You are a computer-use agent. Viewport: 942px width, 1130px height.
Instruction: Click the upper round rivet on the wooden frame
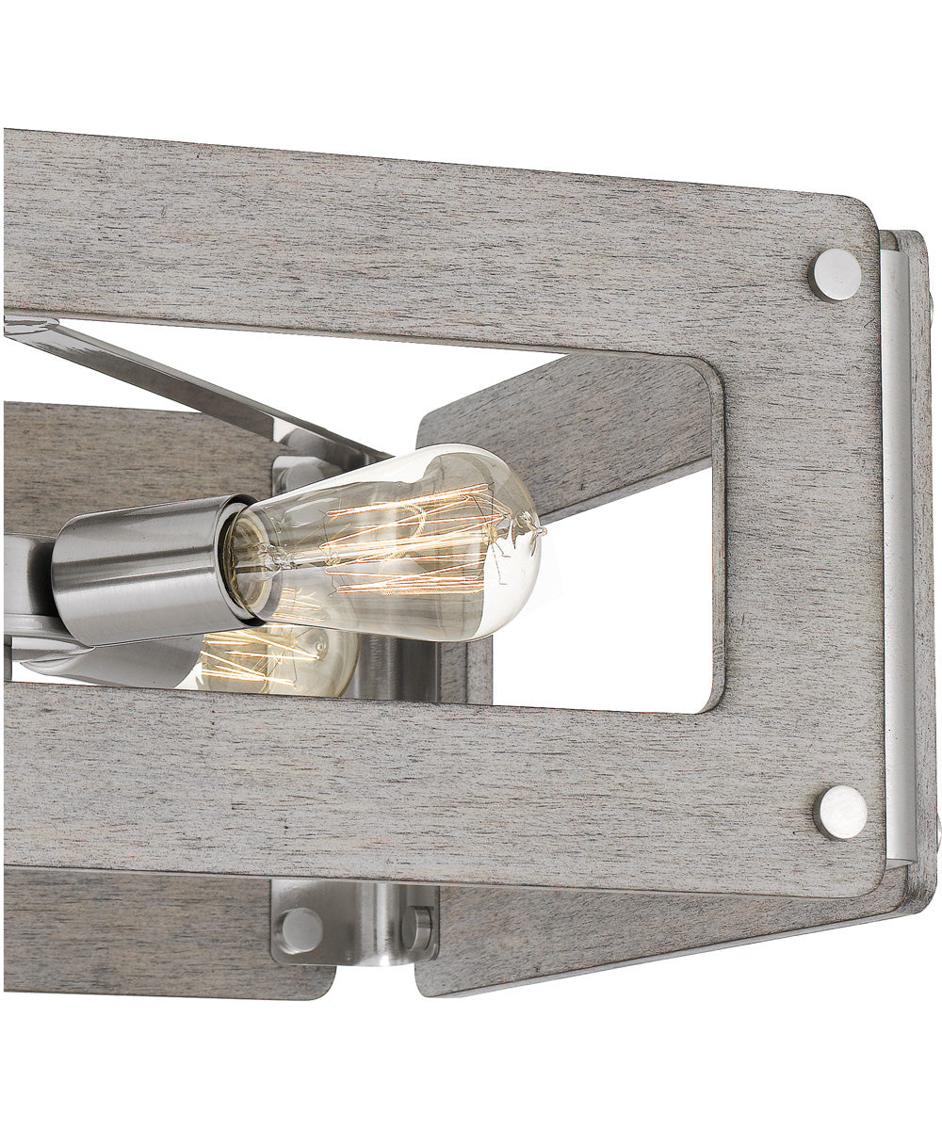click(836, 275)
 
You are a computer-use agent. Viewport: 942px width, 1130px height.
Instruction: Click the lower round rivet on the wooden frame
click(840, 812)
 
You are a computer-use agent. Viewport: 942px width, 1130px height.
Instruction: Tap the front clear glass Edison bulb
click(396, 541)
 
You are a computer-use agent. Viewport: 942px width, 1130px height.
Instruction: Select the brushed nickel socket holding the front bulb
click(141, 570)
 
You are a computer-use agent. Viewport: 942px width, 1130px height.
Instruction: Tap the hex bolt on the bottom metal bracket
click(416, 928)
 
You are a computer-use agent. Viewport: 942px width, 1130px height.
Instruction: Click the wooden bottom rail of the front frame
click(424, 782)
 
